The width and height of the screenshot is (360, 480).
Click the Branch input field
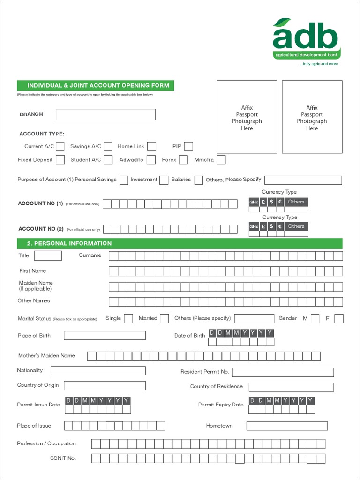(105, 114)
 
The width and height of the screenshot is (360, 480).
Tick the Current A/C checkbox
(60, 146)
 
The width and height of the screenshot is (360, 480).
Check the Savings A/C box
(108, 146)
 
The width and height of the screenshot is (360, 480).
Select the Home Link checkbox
(151, 146)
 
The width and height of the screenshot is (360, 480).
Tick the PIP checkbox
(188, 146)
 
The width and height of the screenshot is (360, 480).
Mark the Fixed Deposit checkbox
(60, 160)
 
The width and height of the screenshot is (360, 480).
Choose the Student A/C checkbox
(108, 160)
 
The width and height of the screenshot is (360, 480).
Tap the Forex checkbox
(183, 160)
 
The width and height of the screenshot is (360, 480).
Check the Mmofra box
(221, 160)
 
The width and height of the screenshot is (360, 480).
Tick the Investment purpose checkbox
(164, 180)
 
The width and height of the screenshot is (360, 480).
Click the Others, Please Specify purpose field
(303, 180)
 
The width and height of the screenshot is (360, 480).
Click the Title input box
(48, 255)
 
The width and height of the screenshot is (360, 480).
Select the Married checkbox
(164, 319)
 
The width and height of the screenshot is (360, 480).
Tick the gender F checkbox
(339, 319)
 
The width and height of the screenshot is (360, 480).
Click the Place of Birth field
(105, 335)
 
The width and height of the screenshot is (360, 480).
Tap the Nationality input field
(98, 371)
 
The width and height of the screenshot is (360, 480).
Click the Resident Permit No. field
(283, 372)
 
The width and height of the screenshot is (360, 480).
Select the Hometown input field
(287, 426)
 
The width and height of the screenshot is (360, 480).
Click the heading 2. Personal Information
(73, 243)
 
